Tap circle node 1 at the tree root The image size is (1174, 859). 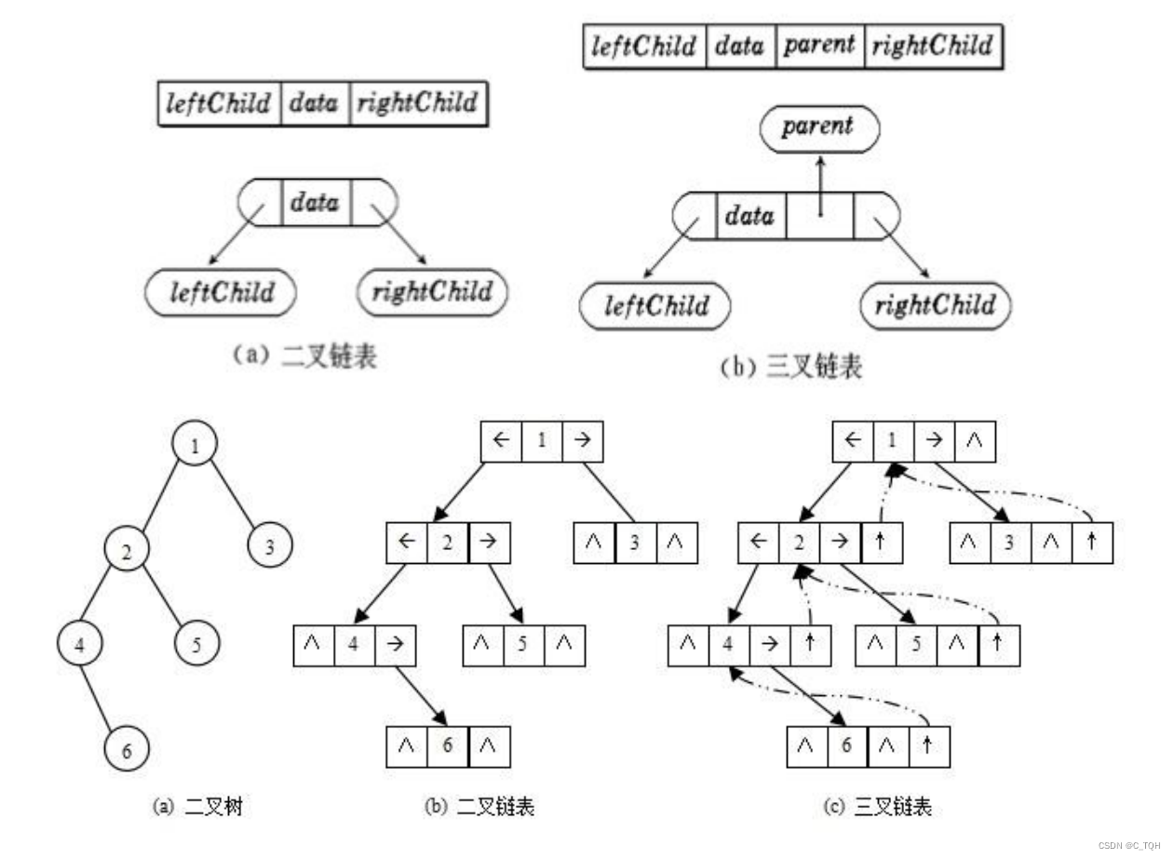point(195,443)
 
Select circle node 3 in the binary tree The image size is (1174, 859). point(270,544)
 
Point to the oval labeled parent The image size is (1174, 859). point(817,128)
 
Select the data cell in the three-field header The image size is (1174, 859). point(314,103)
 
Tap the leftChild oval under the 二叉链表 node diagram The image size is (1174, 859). point(222,293)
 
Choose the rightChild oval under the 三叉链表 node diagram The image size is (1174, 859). point(935,305)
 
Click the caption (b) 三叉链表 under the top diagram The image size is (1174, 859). point(791,367)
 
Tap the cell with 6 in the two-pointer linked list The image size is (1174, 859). point(448,745)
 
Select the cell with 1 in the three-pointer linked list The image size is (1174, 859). point(894,441)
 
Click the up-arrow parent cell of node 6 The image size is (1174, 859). point(928,746)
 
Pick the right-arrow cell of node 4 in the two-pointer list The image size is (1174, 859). point(395,645)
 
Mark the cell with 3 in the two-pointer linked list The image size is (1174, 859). point(635,544)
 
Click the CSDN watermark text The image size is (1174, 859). point(1128,846)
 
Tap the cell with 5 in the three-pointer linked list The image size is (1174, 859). point(917,645)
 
